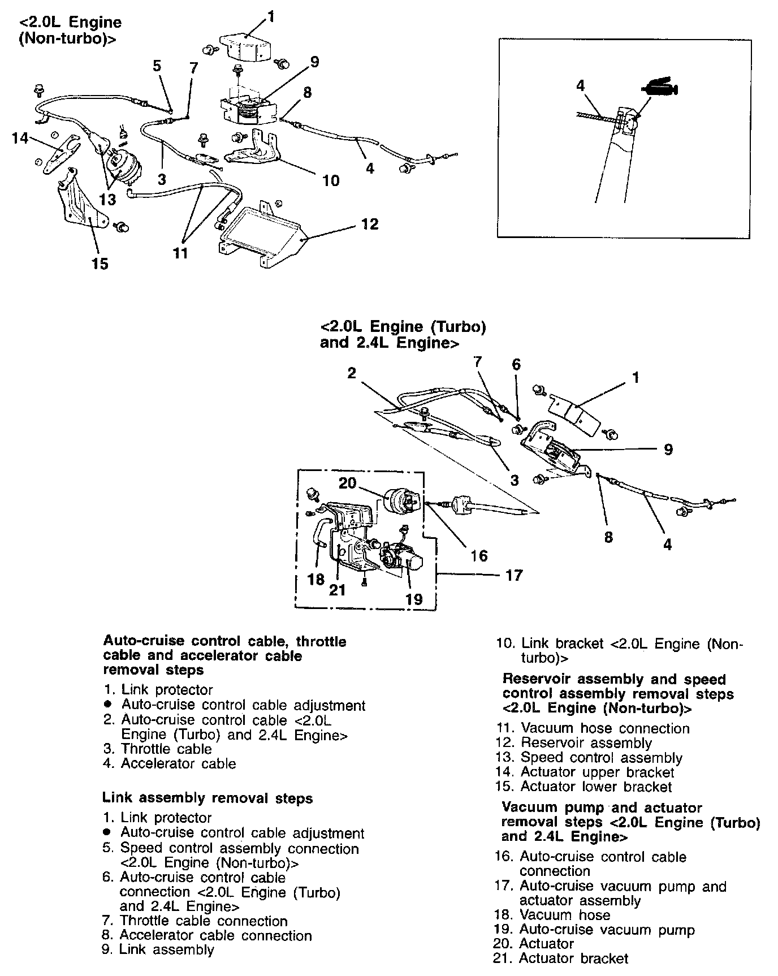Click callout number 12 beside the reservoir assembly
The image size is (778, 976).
[x=370, y=224]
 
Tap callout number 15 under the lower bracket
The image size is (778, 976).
[x=100, y=264]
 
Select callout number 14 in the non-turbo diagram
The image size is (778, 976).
[x=20, y=138]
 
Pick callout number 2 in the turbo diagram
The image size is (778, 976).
[x=352, y=373]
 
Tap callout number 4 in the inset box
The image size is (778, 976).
[x=580, y=86]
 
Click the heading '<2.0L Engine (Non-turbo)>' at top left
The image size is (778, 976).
[x=70, y=31]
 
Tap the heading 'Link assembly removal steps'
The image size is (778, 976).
[x=208, y=798]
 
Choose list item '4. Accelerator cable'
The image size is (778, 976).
[x=170, y=763]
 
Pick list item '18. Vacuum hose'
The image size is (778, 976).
[x=552, y=914]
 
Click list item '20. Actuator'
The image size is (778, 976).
[x=534, y=943]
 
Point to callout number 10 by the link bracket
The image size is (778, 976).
[x=331, y=180]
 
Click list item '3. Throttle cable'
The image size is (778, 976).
[x=158, y=749]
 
